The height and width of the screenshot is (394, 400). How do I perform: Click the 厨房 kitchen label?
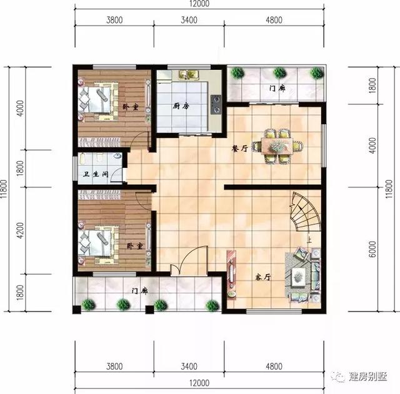(181, 106)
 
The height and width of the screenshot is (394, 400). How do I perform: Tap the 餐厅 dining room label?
(240, 148)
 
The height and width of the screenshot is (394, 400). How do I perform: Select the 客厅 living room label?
(263, 276)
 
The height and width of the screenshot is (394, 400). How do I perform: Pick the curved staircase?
(305, 214)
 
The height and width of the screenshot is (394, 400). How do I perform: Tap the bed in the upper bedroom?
(97, 100)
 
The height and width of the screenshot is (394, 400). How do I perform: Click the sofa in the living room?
(304, 273)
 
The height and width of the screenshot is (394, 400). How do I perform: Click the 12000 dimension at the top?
(201, 4)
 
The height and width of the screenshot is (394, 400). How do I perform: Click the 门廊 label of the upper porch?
(277, 89)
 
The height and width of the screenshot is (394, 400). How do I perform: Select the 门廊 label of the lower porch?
(139, 290)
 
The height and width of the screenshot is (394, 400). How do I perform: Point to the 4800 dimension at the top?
(274, 20)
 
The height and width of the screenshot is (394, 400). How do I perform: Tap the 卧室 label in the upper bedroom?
(129, 106)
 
